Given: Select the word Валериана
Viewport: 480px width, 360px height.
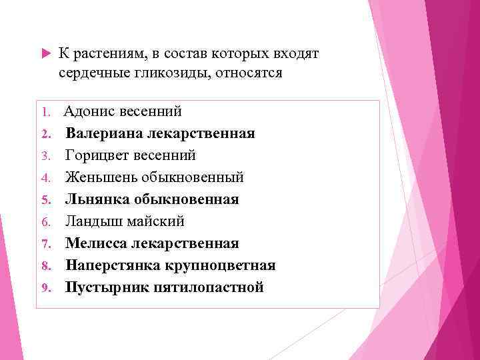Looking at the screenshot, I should pyautogui.click(x=98, y=133).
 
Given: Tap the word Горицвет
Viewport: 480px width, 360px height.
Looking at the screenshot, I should pyautogui.click(x=93, y=155).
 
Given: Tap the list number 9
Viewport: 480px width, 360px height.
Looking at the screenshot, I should pyautogui.click(x=47, y=288).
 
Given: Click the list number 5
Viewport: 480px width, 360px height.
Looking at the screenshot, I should pyautogui.click(x=47, y=200).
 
